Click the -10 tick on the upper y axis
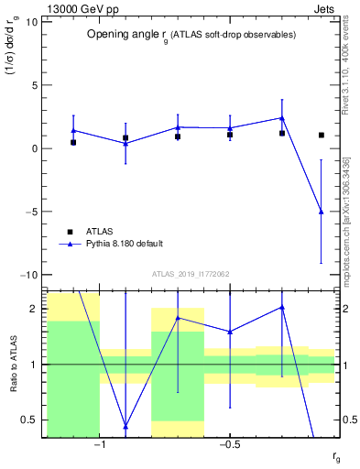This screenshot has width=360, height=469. (x=30, y=275)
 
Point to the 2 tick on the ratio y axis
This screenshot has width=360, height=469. (x=35, y=309)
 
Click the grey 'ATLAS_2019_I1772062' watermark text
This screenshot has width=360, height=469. (x=191, y=274)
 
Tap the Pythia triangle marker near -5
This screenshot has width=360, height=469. (x=321, y=212)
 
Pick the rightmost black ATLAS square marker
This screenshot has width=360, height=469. (x=321, y=135)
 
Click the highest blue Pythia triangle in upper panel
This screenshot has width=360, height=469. (x=282, y=117)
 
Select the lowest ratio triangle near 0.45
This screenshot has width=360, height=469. (x=125, y=427)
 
